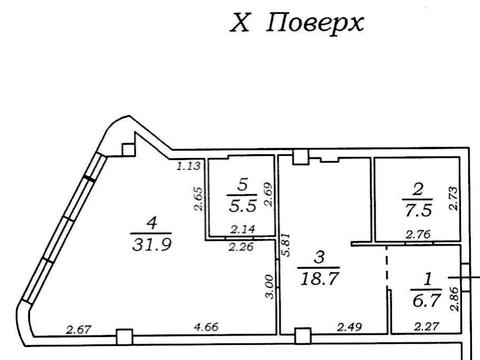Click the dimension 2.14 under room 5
(239, 231)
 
